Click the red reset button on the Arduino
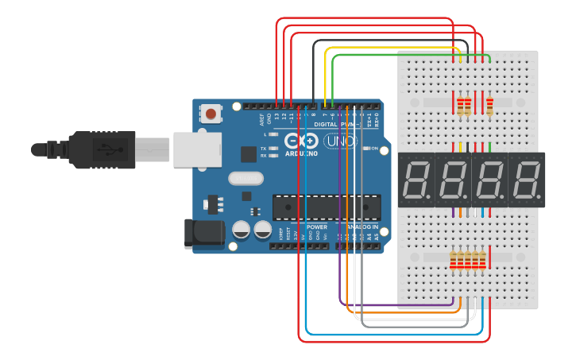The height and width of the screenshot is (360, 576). tap(211, 114)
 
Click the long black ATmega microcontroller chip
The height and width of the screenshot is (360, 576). tap(325, 207)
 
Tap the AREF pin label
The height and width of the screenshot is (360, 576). tap(262, 120)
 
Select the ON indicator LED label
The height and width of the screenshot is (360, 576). tap(373, 149)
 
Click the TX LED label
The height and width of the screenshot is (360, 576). tap(264, 148)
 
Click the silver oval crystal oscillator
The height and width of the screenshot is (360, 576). tap(245, 178)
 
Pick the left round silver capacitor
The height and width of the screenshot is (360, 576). tap(242, 230)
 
